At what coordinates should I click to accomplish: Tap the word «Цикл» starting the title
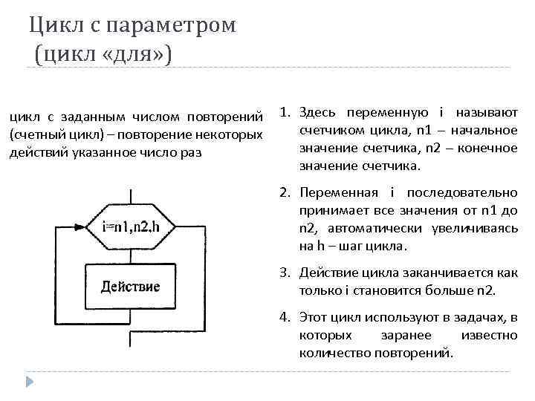click(52, 25)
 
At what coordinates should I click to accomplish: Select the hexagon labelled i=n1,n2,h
click(129, 226)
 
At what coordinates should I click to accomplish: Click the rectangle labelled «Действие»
click(129, 286)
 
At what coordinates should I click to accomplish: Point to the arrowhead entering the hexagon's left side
click(80, 226)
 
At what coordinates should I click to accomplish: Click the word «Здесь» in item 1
click(317, 113)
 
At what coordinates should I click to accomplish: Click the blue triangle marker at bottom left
click(30, 382)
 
